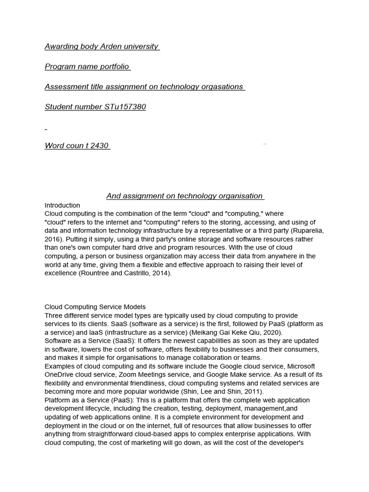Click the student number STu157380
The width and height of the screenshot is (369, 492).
[125, 107]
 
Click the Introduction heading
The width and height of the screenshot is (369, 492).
[62, 205]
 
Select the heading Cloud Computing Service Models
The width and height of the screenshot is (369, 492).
[95, 307]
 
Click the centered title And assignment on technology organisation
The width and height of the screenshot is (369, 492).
[185, 196]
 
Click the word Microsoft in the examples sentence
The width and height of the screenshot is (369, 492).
[298, 366]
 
